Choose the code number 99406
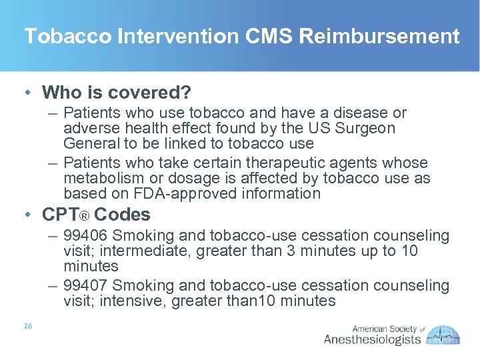click(x=85, y=235)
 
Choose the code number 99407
click(x=85, y=285)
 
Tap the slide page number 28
click(x=28, y=327)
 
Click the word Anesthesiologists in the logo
click(x=372, y=339)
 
